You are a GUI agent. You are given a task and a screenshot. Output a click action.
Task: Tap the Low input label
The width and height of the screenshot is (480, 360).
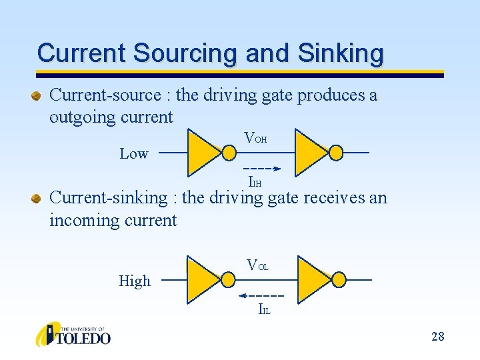(x=133, y=154)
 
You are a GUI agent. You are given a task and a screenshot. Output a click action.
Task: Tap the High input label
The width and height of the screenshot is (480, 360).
(x=135, y=281)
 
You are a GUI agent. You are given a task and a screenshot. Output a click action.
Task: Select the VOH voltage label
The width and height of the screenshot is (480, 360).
(x=256, y=139)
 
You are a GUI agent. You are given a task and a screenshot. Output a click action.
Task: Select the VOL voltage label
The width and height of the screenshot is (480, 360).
(x=257, y=266)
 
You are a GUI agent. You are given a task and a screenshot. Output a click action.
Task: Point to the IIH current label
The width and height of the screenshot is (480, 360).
(x=255, y=181)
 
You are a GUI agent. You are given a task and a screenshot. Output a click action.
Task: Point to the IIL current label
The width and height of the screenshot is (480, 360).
(x=265, y=309)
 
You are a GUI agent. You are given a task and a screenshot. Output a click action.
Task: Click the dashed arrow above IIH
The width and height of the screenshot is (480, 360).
(x=262, y=168)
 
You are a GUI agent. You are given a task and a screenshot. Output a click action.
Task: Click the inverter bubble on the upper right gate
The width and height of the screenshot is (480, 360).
(x=336, y=153)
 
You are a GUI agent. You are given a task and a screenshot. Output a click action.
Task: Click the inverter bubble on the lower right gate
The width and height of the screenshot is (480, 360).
(x=338, y=280)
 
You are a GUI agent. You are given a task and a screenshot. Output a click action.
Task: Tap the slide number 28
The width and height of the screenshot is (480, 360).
(x=437, y=336)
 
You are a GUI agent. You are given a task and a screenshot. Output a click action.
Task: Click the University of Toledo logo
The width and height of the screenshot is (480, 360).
(x=73, y=334)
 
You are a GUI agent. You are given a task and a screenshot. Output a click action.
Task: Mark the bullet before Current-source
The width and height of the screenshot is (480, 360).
(x=37, y=96)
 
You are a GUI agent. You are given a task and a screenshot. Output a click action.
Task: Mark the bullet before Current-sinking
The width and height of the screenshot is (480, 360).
(x=37, y=198)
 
